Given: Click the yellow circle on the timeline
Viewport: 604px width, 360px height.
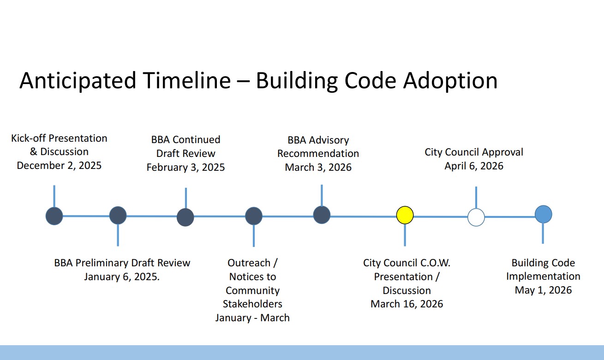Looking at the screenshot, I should coord(405,215).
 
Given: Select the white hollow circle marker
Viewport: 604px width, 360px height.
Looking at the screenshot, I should coord(476,217).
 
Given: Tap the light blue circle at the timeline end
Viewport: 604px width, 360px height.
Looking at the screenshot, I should coord(543,214).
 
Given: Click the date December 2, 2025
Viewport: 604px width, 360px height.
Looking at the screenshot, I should coord(59,165).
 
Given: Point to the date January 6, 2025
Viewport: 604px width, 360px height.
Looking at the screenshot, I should coord(122,277).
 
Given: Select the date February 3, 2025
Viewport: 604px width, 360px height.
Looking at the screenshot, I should coord(185,167).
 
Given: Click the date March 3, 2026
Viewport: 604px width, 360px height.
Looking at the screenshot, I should coord(318,167).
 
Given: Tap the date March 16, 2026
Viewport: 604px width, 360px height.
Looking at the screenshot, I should coord(407,304).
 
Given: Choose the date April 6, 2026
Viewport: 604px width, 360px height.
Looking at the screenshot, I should coord(473,166).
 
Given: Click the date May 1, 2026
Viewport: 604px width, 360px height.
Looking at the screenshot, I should coord(543,290).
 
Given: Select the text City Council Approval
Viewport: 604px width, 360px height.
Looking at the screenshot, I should coord(473,152).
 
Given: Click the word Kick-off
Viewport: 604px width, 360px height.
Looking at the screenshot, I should coord(29,138).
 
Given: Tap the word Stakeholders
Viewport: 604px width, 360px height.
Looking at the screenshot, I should coord(252,304).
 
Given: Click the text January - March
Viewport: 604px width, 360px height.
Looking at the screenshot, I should coord(252,318).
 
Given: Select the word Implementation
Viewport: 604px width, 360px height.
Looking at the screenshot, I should coord(543,276).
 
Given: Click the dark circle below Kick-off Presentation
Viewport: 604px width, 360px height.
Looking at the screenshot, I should coord(54,216).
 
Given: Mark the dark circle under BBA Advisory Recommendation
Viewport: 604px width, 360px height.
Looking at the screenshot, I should coord(322,215).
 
